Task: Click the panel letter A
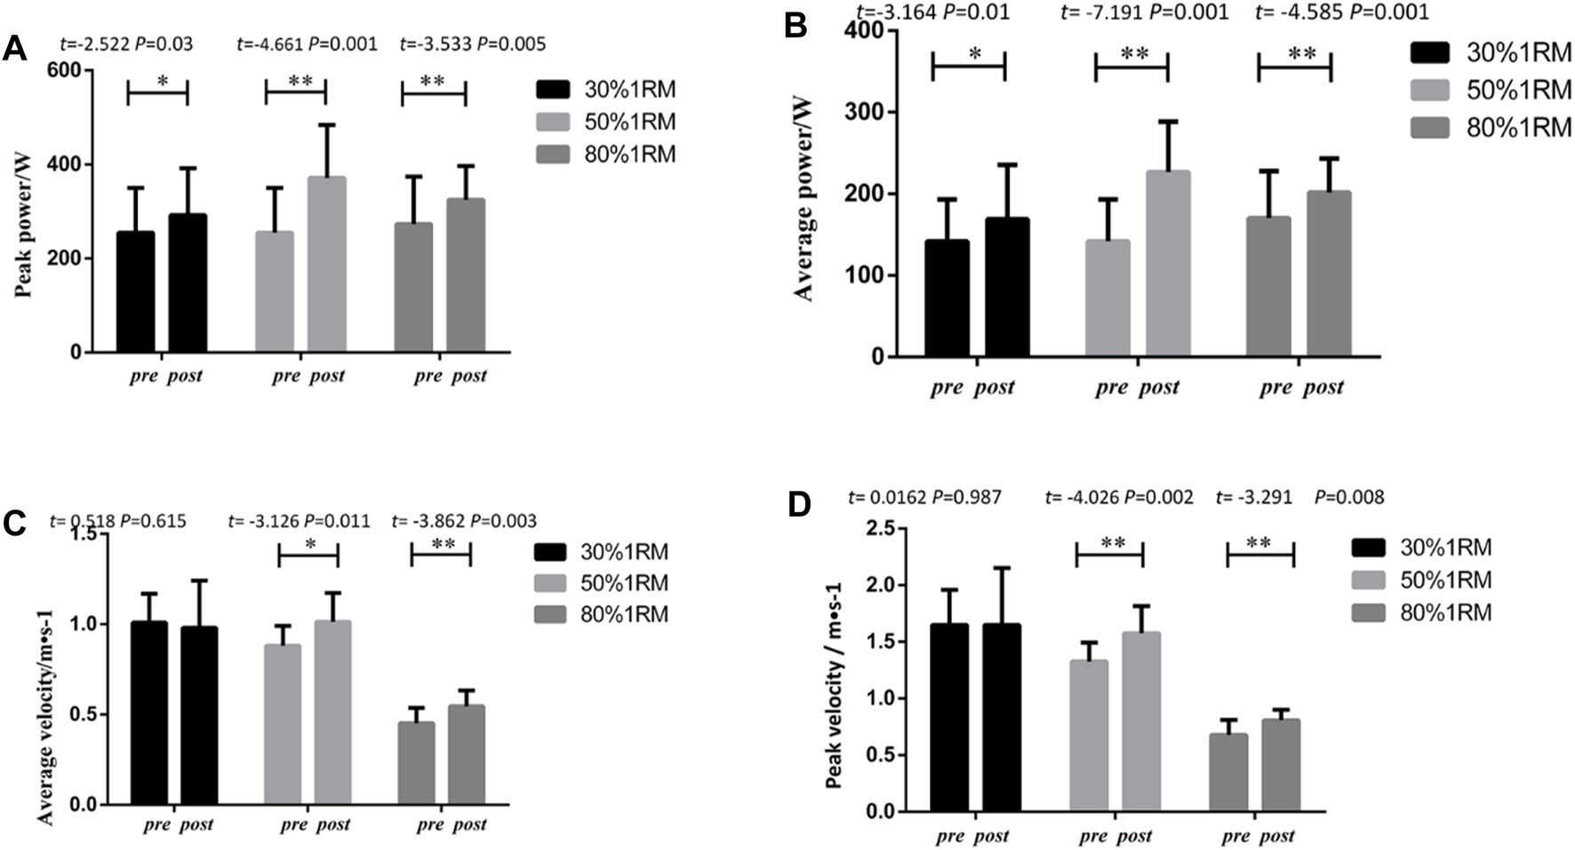pos(14,48)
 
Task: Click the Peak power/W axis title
pos(24,211)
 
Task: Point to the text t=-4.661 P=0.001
pos(307,44)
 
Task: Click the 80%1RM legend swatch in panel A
pos(552,155)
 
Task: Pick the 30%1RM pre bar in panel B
pos(947,298)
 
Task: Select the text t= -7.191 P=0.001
pos(1144,12)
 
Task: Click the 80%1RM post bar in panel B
pos(1329,273)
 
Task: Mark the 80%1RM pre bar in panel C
pos(416,763)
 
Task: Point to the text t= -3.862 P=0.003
pos(464,521)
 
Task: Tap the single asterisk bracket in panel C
pos(308,555)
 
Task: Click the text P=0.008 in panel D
pos(1348,498)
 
